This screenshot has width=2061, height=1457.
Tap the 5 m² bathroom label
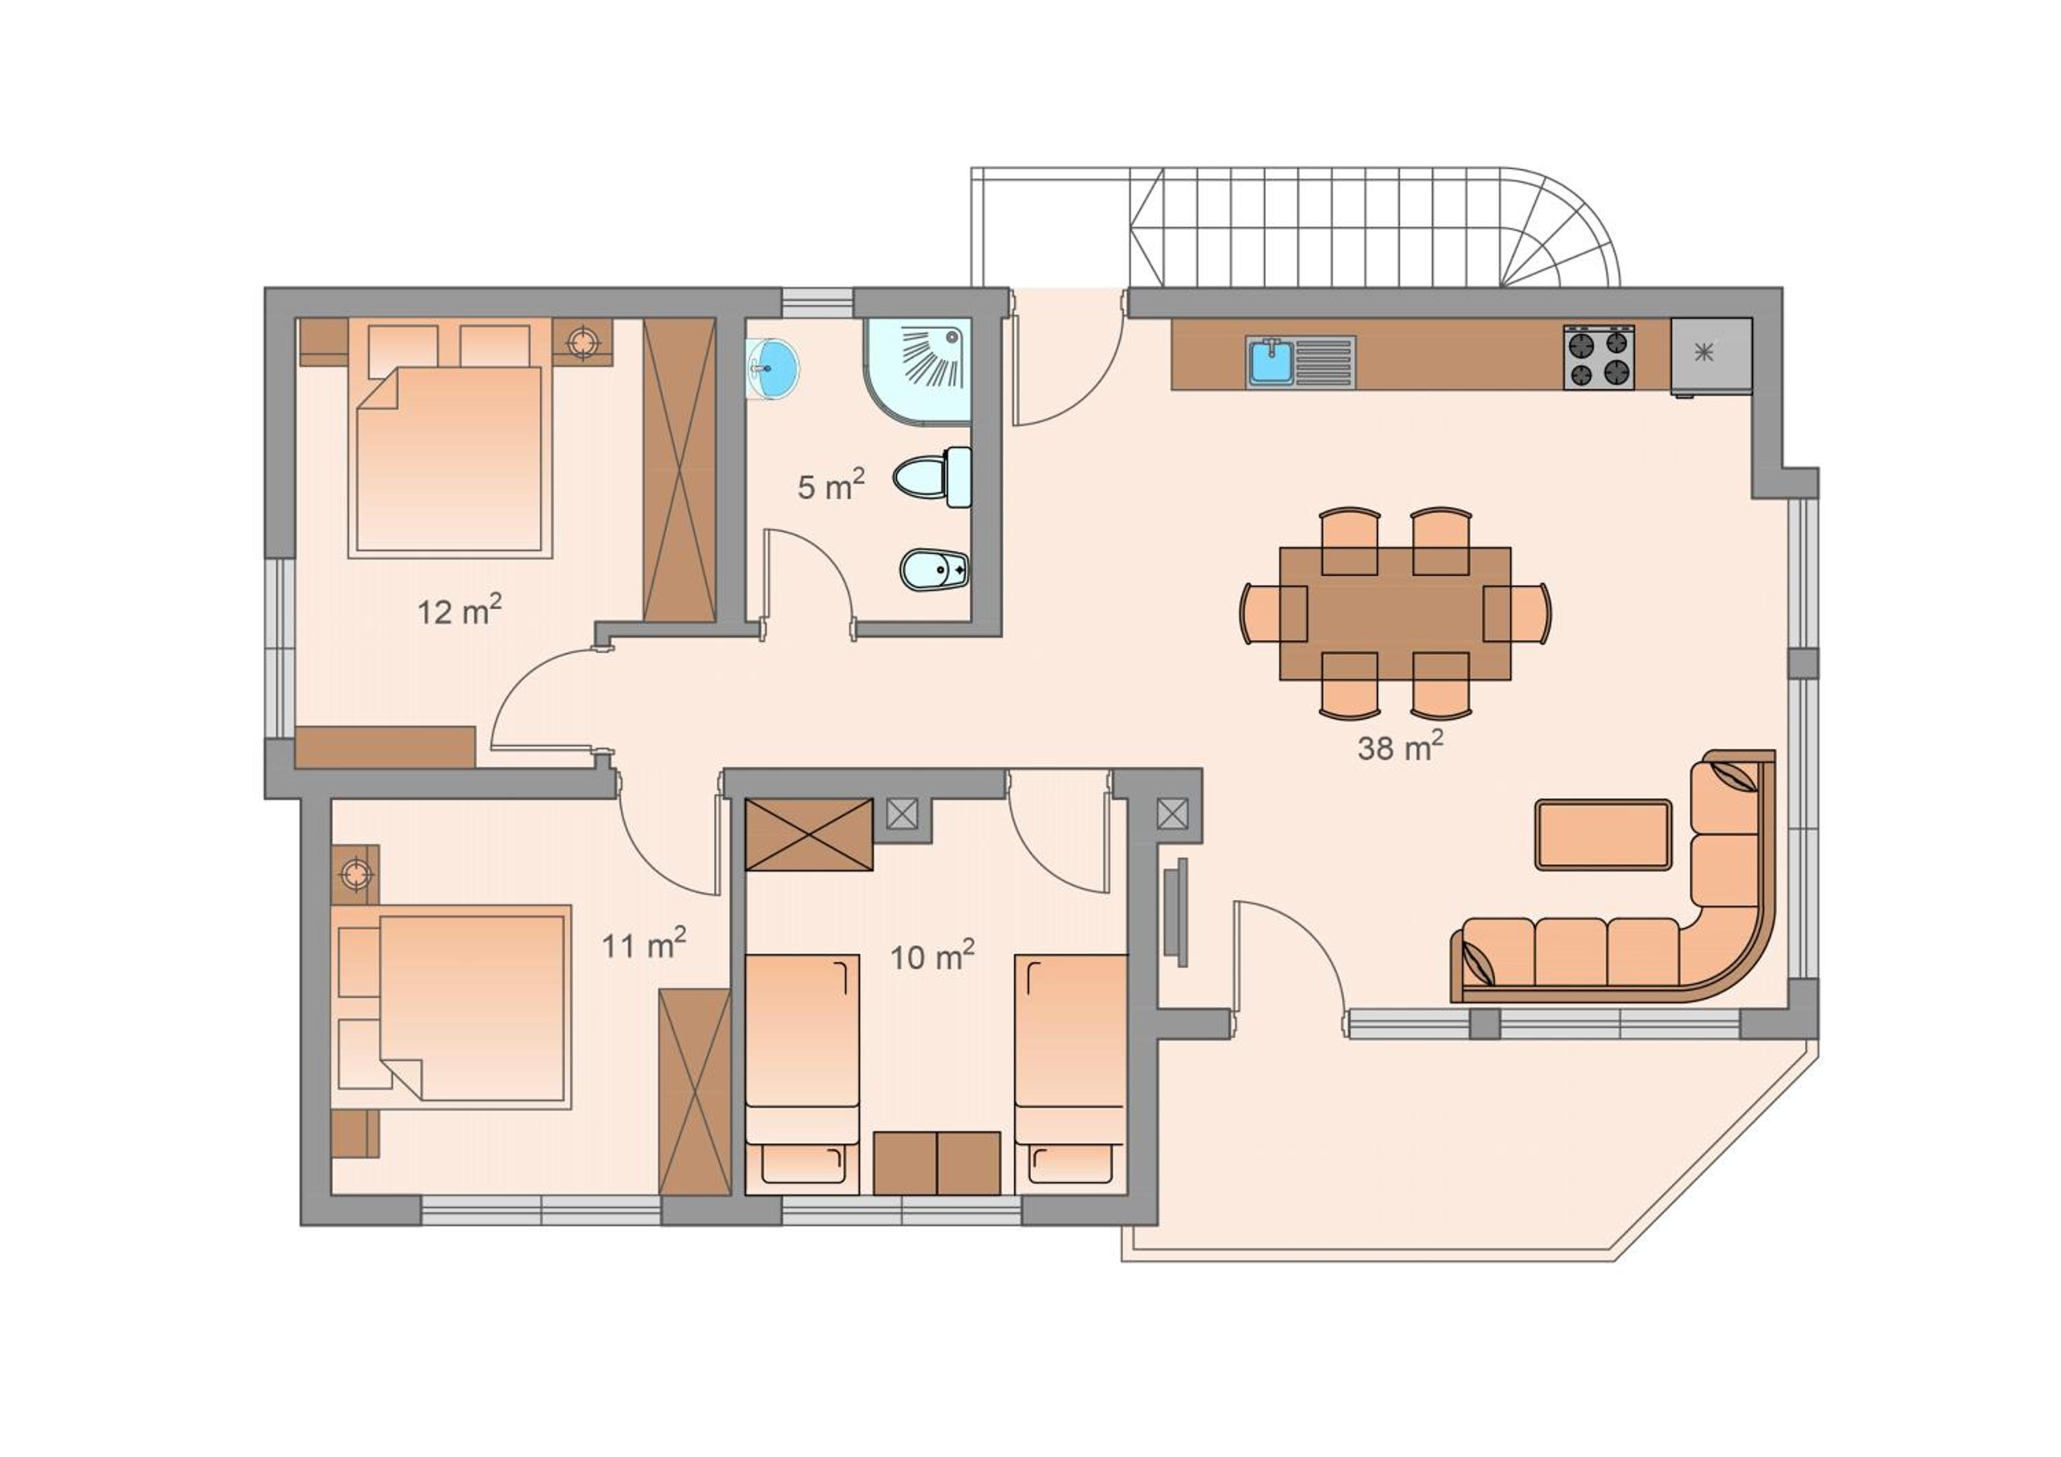(831, 486)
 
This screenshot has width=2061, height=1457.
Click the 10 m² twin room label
(932, 955)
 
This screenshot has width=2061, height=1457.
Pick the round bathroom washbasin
(772, 369)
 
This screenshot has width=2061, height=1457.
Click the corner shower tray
(917, 370)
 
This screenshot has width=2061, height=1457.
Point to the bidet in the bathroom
(934, 568)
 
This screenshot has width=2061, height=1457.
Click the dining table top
(1395, 613)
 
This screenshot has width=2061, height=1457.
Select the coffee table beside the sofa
(1603, 835)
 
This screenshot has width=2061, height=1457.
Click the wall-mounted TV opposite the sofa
(1176, 912)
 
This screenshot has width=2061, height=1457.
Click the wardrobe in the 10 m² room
(809, 834)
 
